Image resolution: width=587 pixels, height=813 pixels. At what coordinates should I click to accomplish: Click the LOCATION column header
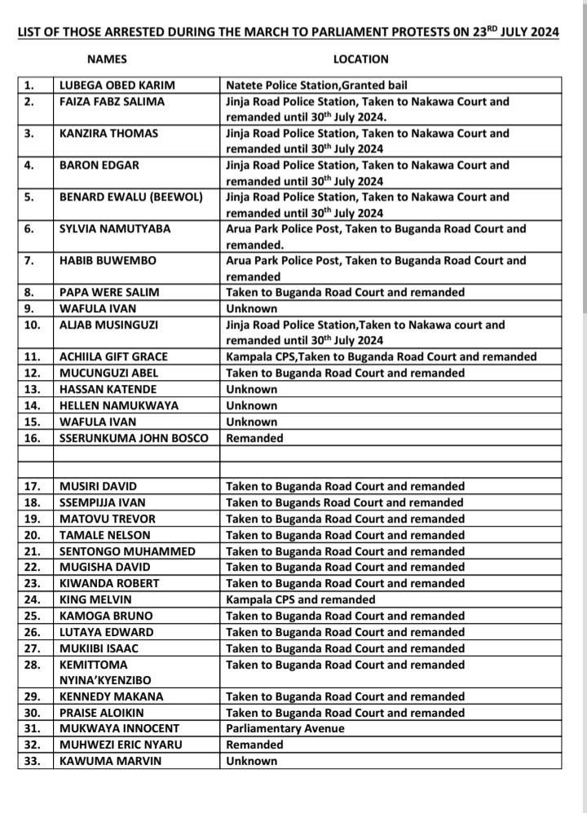[x=360, y=59]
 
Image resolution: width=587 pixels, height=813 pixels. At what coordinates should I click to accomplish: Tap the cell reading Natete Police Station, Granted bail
[x=316, y=85]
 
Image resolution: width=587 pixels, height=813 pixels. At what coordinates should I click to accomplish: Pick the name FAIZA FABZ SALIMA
[x=113, y=102]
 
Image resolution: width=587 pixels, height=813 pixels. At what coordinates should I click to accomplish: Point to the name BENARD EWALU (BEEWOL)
[x=131, y=197]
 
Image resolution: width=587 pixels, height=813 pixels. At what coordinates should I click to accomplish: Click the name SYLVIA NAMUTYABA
[x=116, y=229]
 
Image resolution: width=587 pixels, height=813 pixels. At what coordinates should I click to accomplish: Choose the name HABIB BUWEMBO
[x=107, y=261]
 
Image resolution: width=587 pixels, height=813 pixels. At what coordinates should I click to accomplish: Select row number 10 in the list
[x=30, y=325]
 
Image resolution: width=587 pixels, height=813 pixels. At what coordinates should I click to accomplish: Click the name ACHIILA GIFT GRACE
[x=114, y=357]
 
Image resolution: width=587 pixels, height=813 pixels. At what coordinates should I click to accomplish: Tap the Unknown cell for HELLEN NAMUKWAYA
[x=252, y=405]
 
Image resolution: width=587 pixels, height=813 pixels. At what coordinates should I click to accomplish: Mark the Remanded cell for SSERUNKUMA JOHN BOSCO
[x=254, y=438]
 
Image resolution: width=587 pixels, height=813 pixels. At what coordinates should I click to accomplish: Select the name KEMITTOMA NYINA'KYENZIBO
[x=105, y=672]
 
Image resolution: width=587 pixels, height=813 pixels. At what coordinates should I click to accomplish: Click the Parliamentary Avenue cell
[x=285, y=728]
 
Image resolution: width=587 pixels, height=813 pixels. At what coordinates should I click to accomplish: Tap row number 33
[x=31, y=761]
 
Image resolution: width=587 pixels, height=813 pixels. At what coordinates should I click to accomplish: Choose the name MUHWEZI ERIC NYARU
[x=119, y=745]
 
